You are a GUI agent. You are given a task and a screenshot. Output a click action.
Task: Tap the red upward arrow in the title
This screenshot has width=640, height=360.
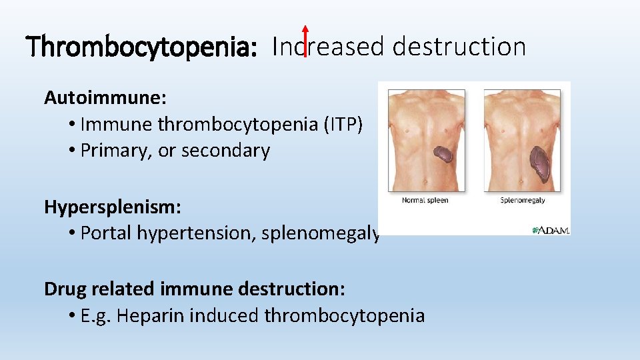(305, 41)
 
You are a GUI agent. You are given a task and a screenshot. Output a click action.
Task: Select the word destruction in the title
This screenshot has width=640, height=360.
(459, 47)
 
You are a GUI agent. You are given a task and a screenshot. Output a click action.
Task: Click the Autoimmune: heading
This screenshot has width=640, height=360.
(105, 97)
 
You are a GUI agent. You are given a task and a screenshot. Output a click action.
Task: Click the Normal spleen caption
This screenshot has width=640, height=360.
(425, 200)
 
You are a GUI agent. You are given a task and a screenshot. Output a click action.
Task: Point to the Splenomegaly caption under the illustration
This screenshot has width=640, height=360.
(522, 200)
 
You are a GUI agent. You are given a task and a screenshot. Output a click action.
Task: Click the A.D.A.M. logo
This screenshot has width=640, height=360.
(550, 229)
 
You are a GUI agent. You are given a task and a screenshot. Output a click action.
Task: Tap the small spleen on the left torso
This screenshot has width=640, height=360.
(443, 155)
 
